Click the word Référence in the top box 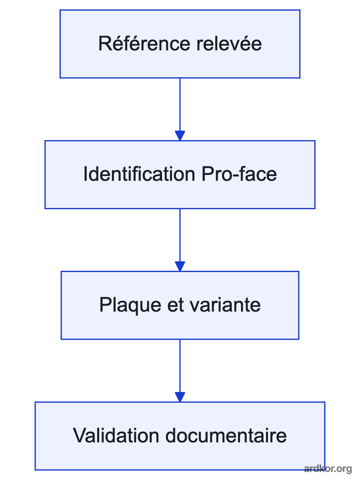click(144, 43)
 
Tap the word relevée click(229, 43)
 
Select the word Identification click(139, 174)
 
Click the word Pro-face click(239, 174)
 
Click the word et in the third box click(175, 305)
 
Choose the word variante click(225, 305)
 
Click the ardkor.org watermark click(328, 469)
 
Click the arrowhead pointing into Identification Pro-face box click(180, 136)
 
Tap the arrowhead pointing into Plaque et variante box click(180, 266)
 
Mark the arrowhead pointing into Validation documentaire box click(180, 397)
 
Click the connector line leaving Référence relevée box click(180, 104)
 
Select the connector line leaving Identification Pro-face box click(180, 235)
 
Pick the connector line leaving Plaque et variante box click(180, 366)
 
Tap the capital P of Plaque click(106, 305)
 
